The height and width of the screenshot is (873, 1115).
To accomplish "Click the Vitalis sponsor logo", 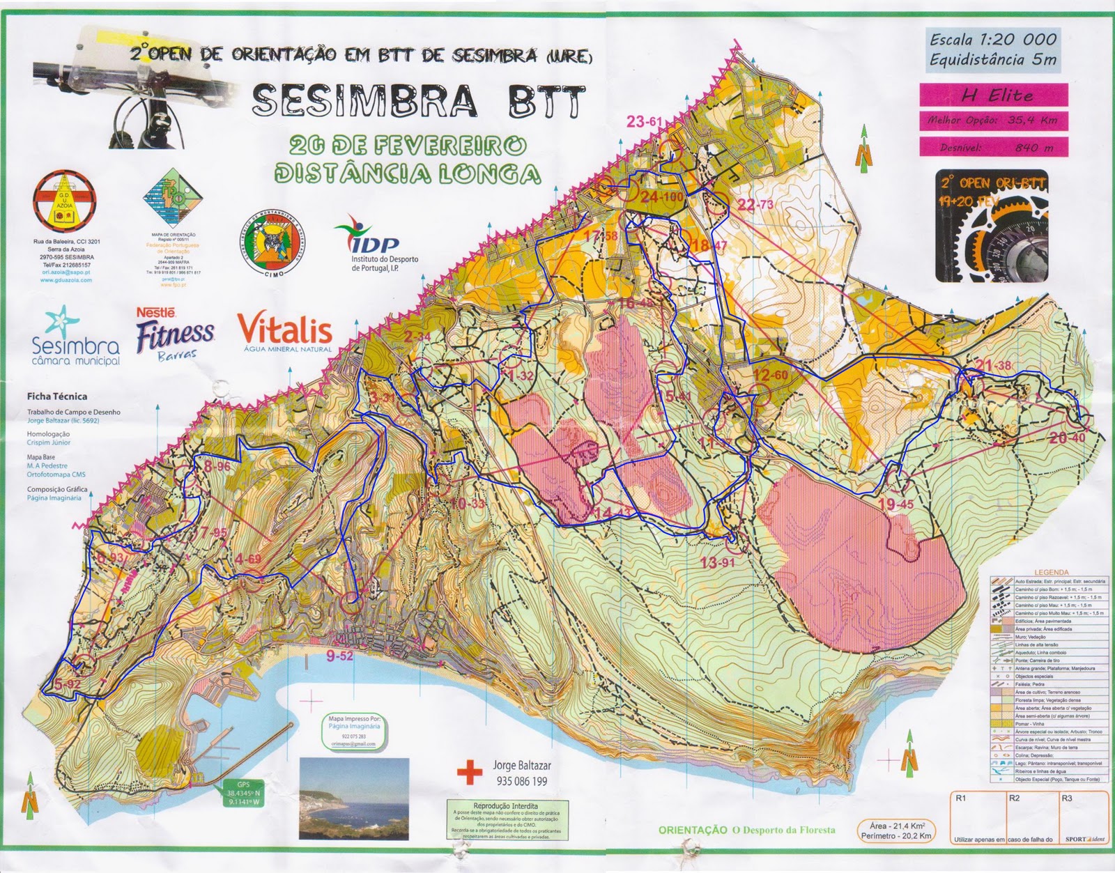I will coord(285,331).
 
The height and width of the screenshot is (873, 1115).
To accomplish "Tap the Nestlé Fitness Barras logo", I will coord(174,334).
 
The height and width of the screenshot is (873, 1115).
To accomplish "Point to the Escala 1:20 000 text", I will coord(993,40).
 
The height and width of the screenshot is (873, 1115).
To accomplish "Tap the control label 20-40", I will coord(1067,438).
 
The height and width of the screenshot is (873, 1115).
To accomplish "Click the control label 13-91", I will coord(718,563).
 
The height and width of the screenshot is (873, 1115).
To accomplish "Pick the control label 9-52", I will coord(339,656).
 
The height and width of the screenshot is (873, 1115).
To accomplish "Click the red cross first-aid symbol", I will coord(470,772).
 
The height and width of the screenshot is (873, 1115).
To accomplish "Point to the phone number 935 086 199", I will coord(520,781).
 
